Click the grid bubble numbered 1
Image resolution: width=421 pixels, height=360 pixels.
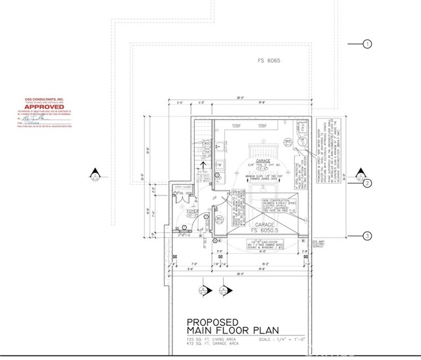pyautogui.click(x=368, y=44)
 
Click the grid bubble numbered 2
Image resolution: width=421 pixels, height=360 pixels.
pyautogui.click(x=368, y=184)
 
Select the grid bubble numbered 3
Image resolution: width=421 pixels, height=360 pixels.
pyautogui.click(x=368, y=235)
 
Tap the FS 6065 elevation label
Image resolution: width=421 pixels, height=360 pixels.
pyautogui.click(x=268, y=60)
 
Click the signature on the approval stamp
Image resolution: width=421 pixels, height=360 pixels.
pyautogui.click(x=33, y=120)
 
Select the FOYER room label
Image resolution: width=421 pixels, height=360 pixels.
pyautogui.click(x=182, y=211)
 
